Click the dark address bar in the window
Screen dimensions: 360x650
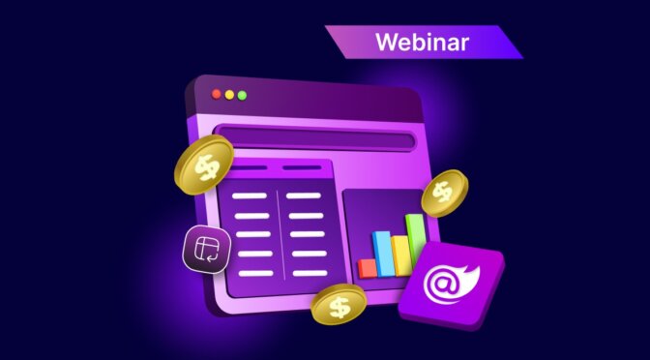[x=315, y=139]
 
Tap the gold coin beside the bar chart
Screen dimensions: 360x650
[x=444, y=193]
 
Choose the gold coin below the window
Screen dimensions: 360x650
[x=339, y=305]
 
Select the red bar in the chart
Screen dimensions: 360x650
[x=367, y=267]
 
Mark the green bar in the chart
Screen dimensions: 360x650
[x=415, y=243]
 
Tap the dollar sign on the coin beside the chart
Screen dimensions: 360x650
[x=443, y=192]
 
